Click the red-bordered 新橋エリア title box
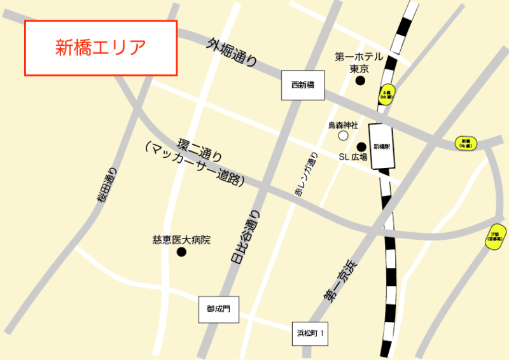100,48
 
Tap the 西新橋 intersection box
303,85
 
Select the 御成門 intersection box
218,309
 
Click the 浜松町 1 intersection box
310,333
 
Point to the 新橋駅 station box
382,146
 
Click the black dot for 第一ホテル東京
360,81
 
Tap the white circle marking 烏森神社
344,135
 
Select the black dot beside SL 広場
361,146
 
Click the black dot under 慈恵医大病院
181,253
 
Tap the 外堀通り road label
232,52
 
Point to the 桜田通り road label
108,185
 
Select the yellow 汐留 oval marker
495,237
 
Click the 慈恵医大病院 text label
181,240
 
